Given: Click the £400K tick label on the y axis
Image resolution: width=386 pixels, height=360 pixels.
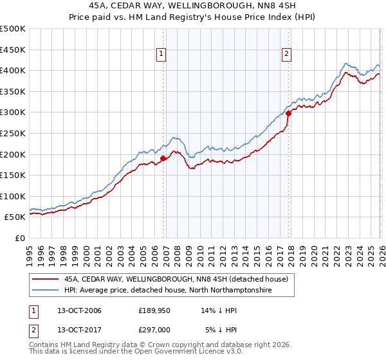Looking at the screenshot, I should [x=13, y=70].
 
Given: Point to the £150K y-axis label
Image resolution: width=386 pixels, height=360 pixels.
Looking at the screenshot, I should [x=13, y=175].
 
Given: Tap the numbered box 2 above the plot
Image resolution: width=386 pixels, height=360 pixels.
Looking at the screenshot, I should [x=286, y=54].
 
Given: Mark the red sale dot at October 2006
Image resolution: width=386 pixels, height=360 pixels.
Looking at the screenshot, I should [x=163, y=158].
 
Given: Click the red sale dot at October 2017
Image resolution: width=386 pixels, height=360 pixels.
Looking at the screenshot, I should [x=288, y=113].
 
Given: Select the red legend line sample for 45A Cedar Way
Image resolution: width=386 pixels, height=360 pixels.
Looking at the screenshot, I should [x=45, y=280].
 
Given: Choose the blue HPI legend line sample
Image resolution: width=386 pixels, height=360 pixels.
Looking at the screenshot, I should [x=45, y=291].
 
